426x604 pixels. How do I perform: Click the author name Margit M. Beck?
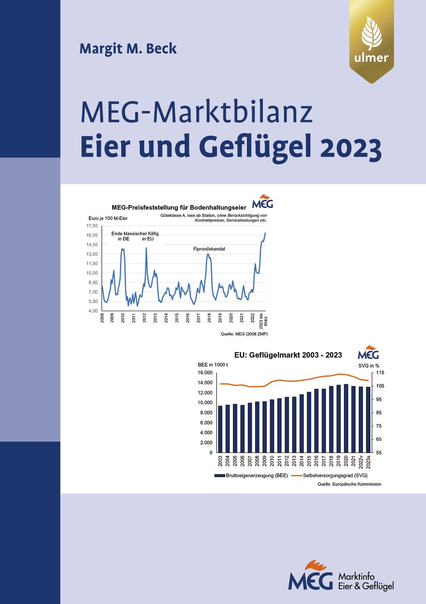tap(128, 49)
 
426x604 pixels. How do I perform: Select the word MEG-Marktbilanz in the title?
tap(196, 112)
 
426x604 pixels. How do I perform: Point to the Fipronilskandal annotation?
tap(209, 249)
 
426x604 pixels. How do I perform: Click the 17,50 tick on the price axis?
tap(92, 226)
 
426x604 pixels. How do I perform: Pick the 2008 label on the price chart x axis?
tap(102, 318)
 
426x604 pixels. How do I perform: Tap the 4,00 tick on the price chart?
tap(92, 311)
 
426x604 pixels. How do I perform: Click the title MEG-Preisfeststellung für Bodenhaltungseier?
tap(179, 208)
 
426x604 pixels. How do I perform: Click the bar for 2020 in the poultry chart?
tap(346, 418)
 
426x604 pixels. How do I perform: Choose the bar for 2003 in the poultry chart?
tap(220, 429)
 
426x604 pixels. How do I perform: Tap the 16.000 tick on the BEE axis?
tap(205, 373)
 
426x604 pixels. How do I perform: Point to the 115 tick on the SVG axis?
tap(380, 373)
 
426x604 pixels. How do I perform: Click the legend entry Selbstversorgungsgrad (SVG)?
tap(334, 475)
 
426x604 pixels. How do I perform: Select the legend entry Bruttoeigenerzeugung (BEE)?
tap(256, 475)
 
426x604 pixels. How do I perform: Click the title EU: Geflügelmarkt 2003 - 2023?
tap(288, 355)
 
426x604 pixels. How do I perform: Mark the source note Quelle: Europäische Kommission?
tap(349, 484)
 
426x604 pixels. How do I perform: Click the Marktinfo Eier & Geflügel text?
tap(366, 581)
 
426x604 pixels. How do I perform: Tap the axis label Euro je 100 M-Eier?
tap(108, 218)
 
